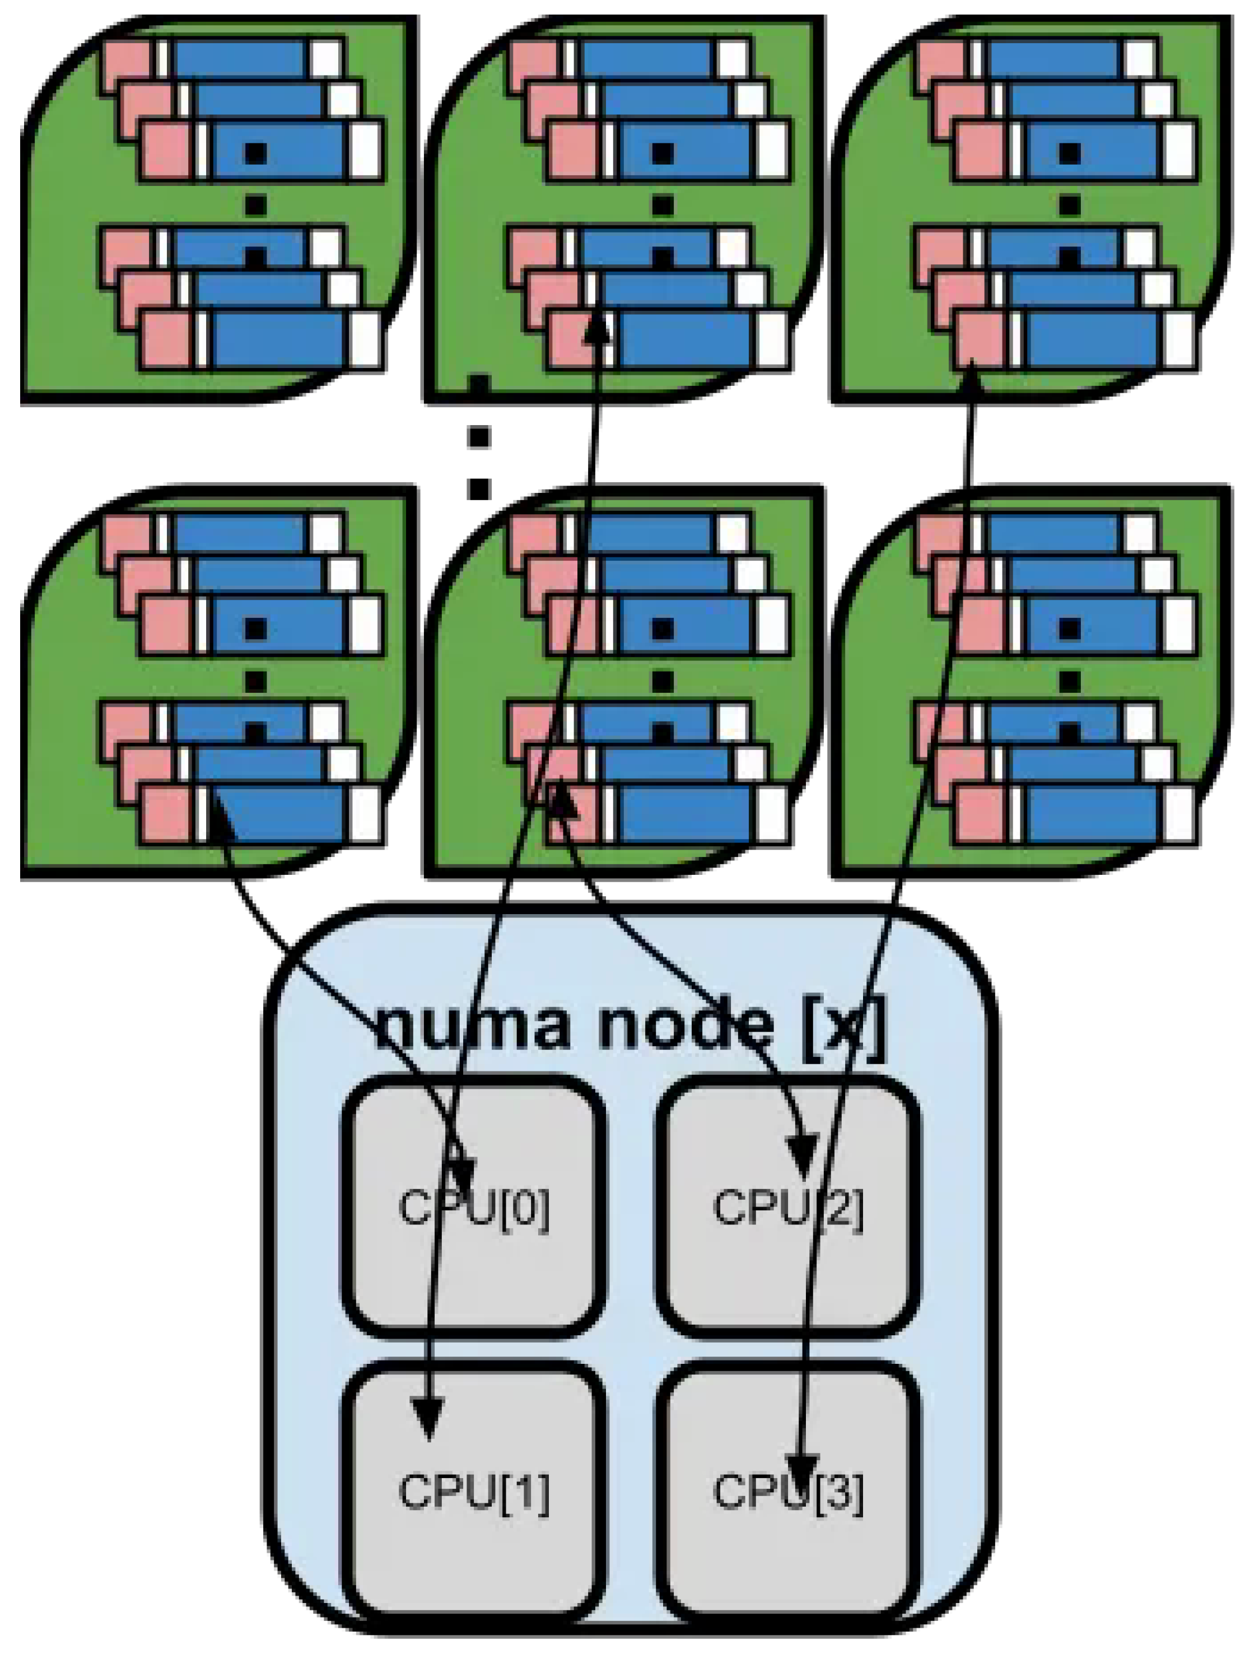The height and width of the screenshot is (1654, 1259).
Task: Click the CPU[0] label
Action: [x=474, y=1208]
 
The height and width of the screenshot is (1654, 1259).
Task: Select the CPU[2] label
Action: [x=789, y=1208]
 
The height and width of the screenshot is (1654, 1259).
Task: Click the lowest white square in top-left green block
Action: [x=366, y=341]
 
